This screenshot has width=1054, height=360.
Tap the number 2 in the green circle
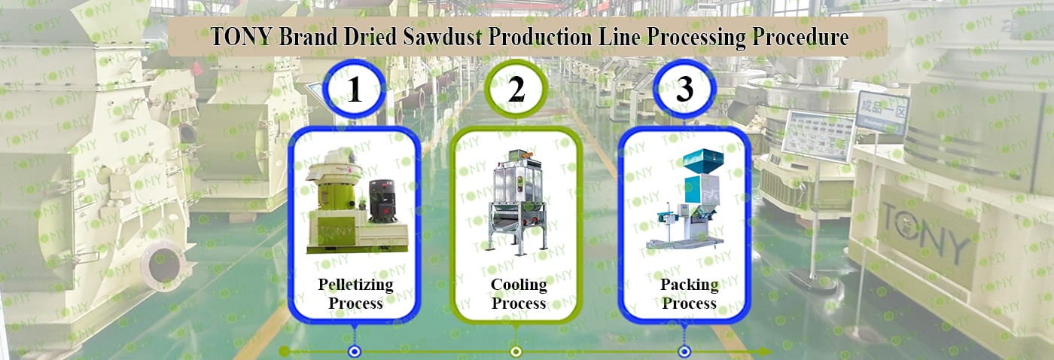tap(516, 91)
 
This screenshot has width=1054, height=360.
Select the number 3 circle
tap(684, 91)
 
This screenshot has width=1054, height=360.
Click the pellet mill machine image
tap(355, 208)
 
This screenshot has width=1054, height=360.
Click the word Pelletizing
tap(355, 285)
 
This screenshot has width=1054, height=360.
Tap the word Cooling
tap(519, 285)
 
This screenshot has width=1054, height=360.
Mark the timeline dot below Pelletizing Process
tap(354, 352)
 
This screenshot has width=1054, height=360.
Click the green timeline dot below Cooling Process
tap(516, 352)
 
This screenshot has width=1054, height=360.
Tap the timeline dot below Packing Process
tap(684, 352)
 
